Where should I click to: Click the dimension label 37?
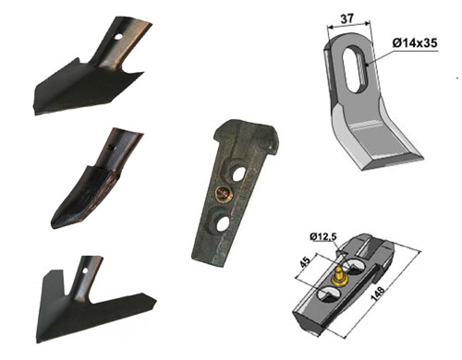(x=346, y=19)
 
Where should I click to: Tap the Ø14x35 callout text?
(x=415, y=43)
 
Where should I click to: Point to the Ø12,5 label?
(x=323, y=236)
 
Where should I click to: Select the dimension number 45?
(x=305, y=263)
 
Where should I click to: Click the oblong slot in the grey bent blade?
(x=354, y=68)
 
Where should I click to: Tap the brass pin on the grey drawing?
(x=339, y=276)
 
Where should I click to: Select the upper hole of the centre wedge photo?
(x=237, y=174)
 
